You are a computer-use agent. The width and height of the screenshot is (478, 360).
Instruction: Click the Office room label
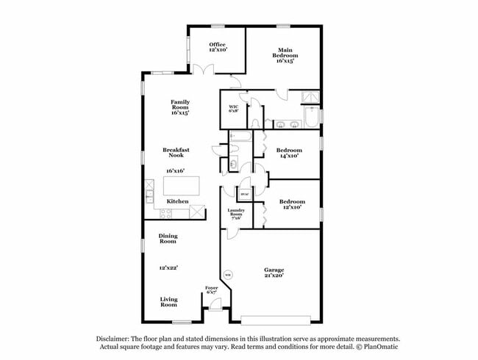point(217,47)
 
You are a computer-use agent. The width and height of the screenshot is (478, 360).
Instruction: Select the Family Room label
point(180,107)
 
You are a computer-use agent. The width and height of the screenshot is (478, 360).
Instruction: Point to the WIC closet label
point(233,109)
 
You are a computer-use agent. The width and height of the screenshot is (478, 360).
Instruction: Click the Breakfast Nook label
point(176,153)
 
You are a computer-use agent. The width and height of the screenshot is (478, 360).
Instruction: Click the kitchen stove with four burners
point(165,214)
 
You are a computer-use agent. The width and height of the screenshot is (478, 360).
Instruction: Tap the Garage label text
point(274,272)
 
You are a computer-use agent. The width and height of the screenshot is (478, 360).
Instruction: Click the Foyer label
point(212,290)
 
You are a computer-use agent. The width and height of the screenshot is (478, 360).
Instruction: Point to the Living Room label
point(168,301)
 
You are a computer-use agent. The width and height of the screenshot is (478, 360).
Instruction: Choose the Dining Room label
point(168,238)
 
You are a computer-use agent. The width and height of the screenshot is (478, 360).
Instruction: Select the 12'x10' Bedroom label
point(289,204)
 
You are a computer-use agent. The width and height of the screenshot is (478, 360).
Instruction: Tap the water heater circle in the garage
point(227,276)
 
